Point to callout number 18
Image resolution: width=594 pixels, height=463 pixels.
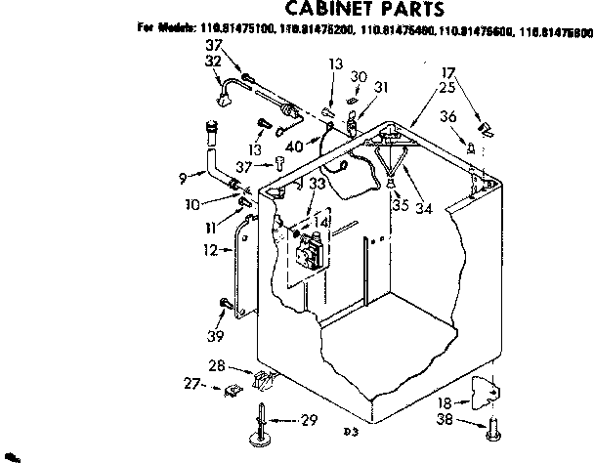tap(445, 400)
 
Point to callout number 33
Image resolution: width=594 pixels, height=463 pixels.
tap(315, 183)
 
